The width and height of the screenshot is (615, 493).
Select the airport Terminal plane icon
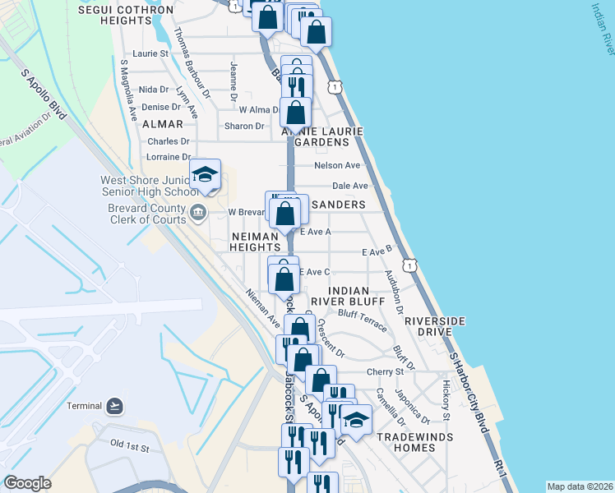[x=114, y=406]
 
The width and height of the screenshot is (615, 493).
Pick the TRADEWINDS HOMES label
[x=405, y=442]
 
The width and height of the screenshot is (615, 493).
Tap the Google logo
[x=27, y=483]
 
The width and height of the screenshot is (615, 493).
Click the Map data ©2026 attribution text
[x=579, y=486]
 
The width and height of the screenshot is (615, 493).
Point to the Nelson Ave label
[x=337, y=165]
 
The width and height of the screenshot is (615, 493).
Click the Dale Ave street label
[x=349, y=186]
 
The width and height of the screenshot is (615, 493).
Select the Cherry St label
[x=386, y=372]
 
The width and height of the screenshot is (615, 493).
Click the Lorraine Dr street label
[x=169, y=156]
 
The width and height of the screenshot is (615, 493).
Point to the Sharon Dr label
[x=244, y=127]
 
